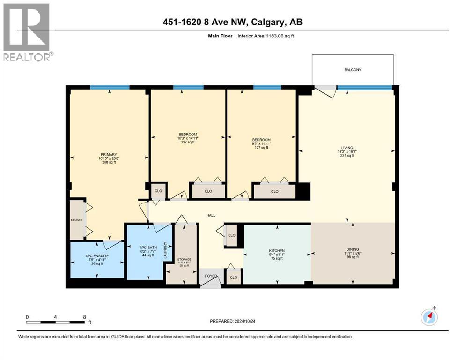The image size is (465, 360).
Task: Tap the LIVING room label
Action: point(347,147)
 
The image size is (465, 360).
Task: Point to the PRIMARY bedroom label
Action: point(109,154)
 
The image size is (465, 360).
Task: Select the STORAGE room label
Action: point(184,259)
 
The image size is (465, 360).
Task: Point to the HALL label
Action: point(211,215)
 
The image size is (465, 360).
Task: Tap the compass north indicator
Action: point(429,317)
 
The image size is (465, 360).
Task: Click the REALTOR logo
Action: point(27,32)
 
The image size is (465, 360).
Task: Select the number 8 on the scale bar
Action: point(84,317)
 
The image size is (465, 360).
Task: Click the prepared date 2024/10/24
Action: point(232,321)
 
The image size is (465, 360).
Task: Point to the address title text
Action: point(233,22)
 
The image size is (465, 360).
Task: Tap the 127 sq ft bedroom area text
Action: point(261,148)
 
